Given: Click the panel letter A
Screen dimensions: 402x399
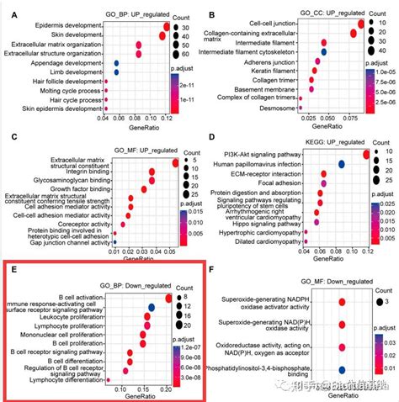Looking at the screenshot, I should click(x=10, y=14).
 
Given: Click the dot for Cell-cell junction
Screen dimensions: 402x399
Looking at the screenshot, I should click(x=361, y=24).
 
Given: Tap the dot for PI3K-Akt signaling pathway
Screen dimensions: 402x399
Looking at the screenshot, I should click(x=365, y=154).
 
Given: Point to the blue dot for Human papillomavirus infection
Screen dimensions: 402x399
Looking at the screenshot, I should click(x=342, y=164).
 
